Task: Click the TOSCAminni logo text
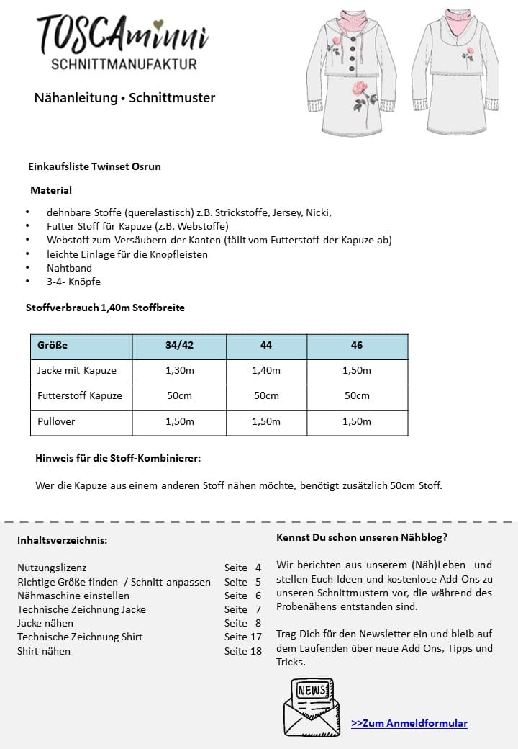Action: point(122,36)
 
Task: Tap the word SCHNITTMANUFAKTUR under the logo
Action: point(124,65)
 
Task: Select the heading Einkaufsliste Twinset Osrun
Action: point(94,166)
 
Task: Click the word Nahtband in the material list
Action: point(69,268)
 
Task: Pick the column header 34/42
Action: point(179,346)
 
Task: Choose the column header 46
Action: point(357,346)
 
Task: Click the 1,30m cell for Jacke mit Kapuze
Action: point(179,371)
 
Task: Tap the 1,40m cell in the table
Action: point(266,371)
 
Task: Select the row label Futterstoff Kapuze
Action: point(80,396)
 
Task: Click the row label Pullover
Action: point(56,422)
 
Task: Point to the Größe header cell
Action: point(53,346)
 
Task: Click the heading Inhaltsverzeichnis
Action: point(62,540)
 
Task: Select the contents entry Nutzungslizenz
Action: point(52,568)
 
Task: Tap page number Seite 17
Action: point(242,637)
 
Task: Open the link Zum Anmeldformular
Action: point(409,723)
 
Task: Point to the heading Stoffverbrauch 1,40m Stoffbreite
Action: point(105,308)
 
